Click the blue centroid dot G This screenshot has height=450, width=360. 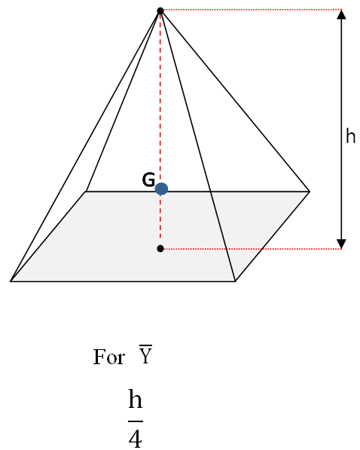[161, 189]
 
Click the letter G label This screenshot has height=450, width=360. [148, 181]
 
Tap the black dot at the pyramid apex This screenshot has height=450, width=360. [160, 11]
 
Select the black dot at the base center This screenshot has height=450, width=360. [160, 248]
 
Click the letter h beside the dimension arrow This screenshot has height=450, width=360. [350, 136]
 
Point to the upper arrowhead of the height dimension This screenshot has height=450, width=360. [341, 15]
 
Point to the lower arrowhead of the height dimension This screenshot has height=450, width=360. [341, 242]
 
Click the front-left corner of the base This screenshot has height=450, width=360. [11, 281]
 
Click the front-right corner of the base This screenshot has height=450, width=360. [235, 281]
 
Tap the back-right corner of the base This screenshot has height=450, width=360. [310, 191]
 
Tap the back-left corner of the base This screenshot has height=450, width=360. [87, 191]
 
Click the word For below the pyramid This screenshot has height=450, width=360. [108, 357]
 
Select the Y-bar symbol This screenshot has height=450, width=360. [146, 355]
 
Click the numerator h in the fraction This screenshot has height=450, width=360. [135, 400]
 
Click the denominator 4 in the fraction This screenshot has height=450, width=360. [135, 437]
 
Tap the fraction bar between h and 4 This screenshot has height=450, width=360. [135, 420]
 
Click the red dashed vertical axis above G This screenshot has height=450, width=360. [160, 98]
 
